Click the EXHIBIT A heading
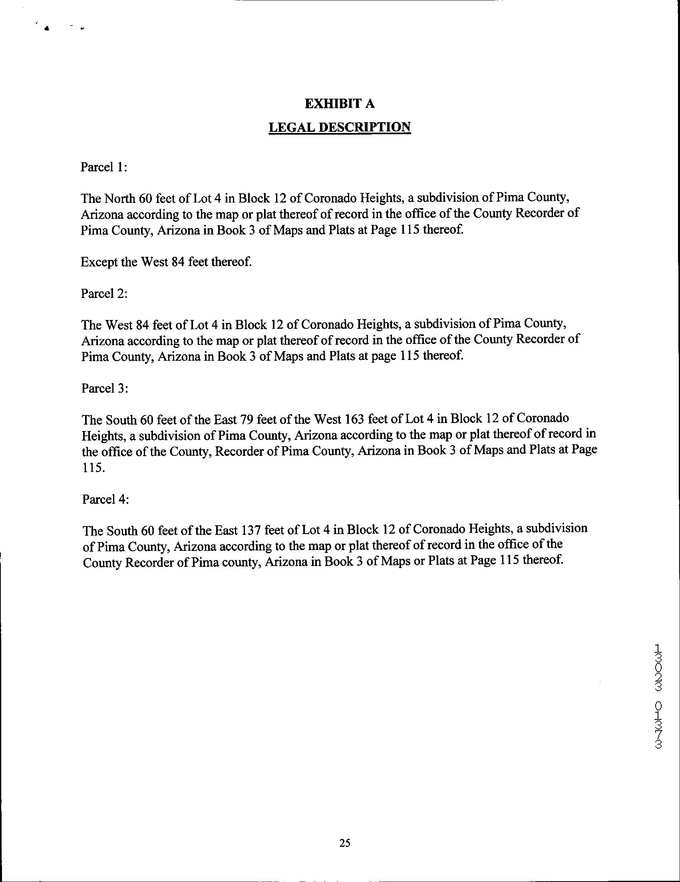click(x=340, y=104)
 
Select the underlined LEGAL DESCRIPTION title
click(x=340, y=127)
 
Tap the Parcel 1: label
click(x=104, y=167)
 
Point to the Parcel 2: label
click(x=104, y=294)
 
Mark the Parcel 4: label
click(x=105, y=500)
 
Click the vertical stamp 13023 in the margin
click(x=658, y=666)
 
